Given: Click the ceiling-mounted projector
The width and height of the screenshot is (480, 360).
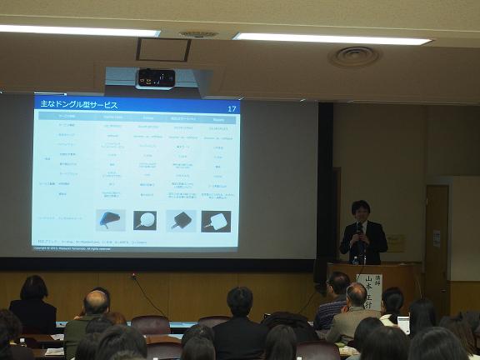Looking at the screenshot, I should (x=155, y=78).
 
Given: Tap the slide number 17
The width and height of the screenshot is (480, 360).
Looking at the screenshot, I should (x=232, y=108).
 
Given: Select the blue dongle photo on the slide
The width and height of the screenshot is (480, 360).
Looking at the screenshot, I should (x=110, y=220).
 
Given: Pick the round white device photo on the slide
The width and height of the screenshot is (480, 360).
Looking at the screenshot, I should (x=145, y=221).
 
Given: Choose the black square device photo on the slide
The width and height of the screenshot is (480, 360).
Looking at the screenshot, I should (x=181, y=220).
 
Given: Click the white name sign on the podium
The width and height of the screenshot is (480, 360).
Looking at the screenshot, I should (x=369, y=292).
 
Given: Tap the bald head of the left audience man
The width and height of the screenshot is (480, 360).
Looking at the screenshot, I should (x=96, y=302).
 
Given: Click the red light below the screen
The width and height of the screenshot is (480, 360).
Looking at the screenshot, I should (x=132, y=275).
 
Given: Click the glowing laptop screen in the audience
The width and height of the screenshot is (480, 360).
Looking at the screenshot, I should (x=404, y=324).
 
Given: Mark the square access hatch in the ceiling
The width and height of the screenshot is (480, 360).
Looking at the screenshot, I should (x=163, y=49).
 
